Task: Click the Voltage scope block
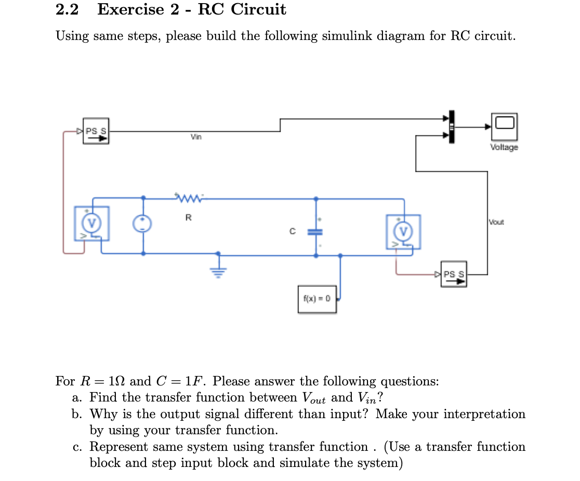click(x=504, y=126)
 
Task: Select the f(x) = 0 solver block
click(x=317, y=299)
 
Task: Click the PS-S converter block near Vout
click(x=454, y=274)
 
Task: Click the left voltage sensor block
click(x=91, y=223)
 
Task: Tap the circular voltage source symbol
click(x=142, y=224)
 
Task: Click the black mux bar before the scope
click(x=451, y=126)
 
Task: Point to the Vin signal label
click(x=195, y=137)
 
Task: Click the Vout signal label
click(x=496, y=222)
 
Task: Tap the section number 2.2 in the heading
click(x=67, y=9)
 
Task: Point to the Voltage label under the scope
click(x=504, y=148)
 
